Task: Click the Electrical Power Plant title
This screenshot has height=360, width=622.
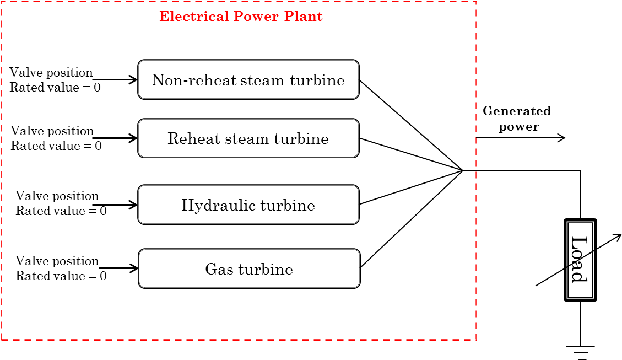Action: point(241,17)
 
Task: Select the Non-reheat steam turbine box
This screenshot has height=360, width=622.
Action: point(248,80)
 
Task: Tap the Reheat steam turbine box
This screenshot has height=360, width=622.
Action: point(248,138)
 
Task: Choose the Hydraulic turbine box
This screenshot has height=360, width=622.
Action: point(248,205)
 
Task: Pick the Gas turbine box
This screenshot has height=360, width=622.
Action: point(248,269)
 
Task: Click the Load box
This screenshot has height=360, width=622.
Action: point(580,260)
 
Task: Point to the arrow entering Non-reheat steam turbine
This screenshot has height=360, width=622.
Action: point(116,80)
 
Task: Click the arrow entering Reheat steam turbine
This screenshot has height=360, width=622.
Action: point(116,138)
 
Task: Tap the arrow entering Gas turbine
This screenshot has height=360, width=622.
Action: point(120,268)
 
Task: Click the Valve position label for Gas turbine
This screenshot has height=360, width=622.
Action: point(57,261)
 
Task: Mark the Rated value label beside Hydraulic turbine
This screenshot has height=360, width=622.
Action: point(61,211)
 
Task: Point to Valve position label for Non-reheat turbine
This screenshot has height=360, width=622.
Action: point(51,73)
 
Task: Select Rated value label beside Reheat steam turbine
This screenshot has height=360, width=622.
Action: point(56,146)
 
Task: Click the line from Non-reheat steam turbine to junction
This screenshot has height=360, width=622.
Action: point(410,125)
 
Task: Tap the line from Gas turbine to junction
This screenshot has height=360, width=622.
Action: point(412,219)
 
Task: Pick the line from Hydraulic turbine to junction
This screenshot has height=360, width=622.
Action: point(410,187)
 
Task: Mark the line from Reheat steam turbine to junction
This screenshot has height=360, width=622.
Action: point(410,154)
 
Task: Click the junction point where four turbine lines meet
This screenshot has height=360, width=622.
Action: point(463,170)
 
